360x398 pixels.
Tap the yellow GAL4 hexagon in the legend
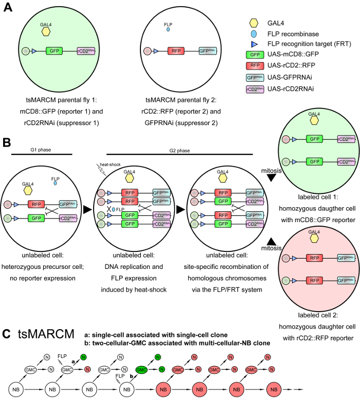[x=254, y=23]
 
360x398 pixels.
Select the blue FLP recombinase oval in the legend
[x=254, y=34]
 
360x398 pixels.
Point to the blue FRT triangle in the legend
[x=254, y=44]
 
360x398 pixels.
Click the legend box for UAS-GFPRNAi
[x=255, y=78]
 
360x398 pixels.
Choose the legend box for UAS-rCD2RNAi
[x=255, y=89]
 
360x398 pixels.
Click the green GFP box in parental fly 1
[x=54, y=51]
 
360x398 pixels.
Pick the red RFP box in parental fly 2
[x=176, y=51]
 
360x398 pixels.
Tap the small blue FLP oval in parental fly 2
[x=168, y=29]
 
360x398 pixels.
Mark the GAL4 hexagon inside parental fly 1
[x=46, y=31]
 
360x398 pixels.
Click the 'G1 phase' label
[x=41, y=150]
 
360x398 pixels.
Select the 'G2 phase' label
[x=179, y=151]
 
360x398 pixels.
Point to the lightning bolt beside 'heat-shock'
[x=101, y=169]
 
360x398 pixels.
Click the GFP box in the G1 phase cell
[x=37, y=218]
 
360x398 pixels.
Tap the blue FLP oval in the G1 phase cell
[x=55, y=183]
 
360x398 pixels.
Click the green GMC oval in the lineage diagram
[x=141, y=370]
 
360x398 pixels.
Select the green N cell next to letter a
[x=83, y=357]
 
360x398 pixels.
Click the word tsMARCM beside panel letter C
[x=46, y=334]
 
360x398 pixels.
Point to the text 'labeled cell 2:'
[x=318, y=315]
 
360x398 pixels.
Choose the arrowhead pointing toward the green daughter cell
[x=271, y=178]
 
